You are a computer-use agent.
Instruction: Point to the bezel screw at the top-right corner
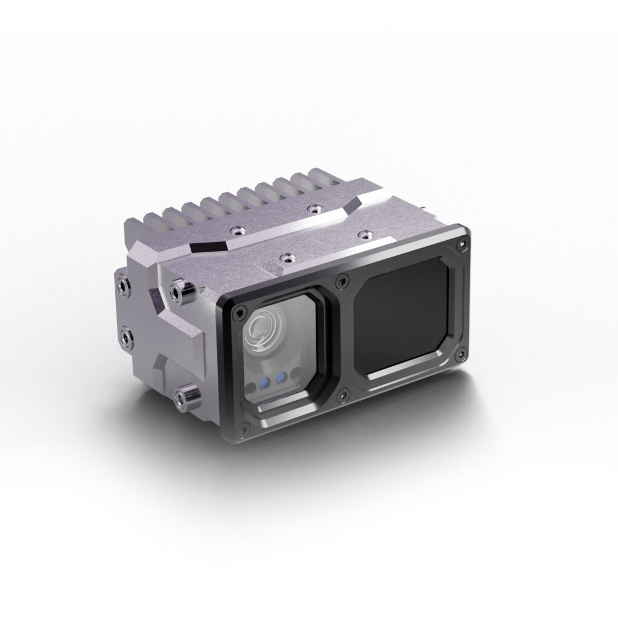[x=462, y=243]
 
